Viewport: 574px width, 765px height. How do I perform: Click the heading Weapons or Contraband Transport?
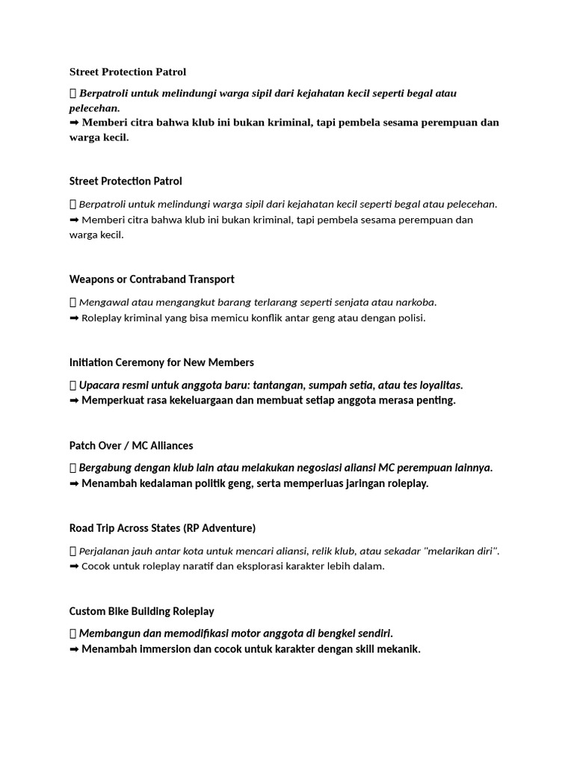[x=152, y=279]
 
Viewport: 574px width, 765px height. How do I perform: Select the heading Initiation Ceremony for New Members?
[x=161, y=362]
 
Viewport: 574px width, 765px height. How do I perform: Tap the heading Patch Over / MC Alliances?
[x=131, y=446]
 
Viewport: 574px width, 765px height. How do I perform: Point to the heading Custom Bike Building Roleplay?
[x=142, y=611]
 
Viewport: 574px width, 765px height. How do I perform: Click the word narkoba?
[x=415, y=303]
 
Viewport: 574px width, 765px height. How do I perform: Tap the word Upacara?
[x=101, y=385]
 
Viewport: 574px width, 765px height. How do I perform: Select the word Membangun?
[x=108, y=634]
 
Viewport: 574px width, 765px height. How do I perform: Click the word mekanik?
[x=398, y=649]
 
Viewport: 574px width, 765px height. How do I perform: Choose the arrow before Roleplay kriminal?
[x=74, y=318]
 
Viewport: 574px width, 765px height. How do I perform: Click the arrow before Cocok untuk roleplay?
[x=74, y=566]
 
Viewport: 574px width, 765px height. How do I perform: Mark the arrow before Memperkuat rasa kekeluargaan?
[x=74, y=400]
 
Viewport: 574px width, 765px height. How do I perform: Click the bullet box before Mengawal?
[x=72, y=303]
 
